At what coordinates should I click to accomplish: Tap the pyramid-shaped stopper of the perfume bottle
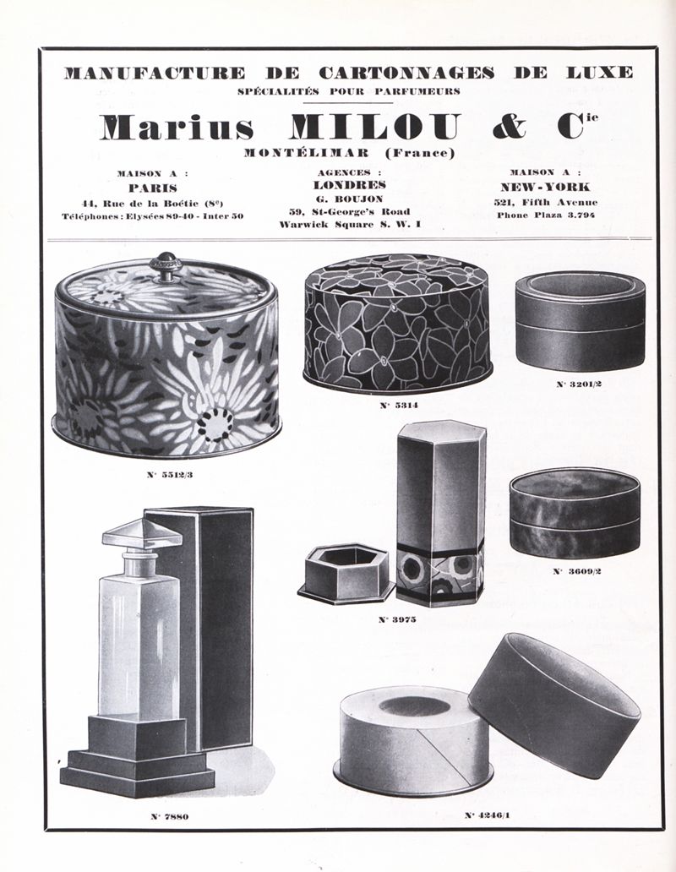pyautogui.click(x=142, y=533)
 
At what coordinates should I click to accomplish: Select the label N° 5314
pyautogui.click(x=399, y=406)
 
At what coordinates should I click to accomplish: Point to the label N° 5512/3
pyautogui.click(x=170, y=475)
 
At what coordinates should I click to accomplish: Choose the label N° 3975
pyautogui.click(x=397, y=619)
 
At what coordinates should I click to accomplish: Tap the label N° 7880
pyautogui.click(x=170, y=817)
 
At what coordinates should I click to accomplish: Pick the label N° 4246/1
pyautogui.click(x=487, y=815)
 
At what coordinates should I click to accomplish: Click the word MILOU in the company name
pyautogui.click(x=375, y=127)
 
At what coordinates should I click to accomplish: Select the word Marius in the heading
pyautogui.click(x=177, y=127)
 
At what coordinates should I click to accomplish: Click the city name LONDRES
pyautogui.click(x=349, y=185)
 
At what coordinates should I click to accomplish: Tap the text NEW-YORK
pyautogui.click(x=545, y=186)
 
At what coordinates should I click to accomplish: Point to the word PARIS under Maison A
pyautogui.click(x=152, y=188)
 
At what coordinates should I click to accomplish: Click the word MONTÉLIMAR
pyautogui.click(x=306, y=154)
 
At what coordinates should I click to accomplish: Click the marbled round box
pyautogui.click(x=575, y=515)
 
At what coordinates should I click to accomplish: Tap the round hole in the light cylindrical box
pyautogui.click(x=415, y=707)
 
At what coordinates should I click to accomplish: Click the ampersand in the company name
pyautogui.click(x=510, y=128)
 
